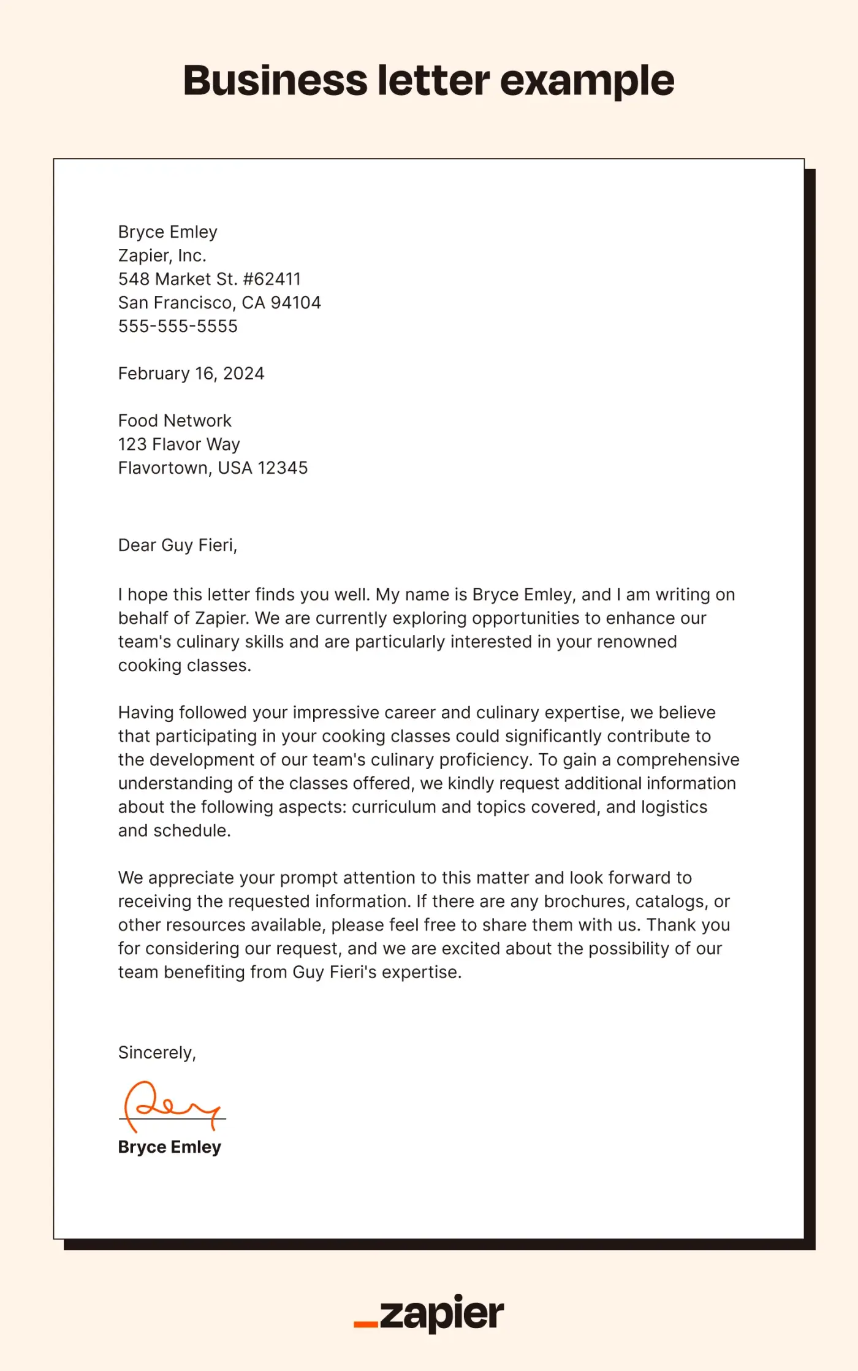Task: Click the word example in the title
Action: point(587,81)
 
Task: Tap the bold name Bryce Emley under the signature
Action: point(169,1147)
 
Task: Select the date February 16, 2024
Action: point(191,373)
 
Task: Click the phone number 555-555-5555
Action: point(178,326)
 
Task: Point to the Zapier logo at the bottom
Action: point(429,1313)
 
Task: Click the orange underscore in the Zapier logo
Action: point(366,1324)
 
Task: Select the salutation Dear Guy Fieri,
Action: point(177,545)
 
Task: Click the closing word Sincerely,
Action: point(157,1052)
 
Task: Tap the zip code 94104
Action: point(295,303)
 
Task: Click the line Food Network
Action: point(175,420)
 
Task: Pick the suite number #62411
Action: point(271,279)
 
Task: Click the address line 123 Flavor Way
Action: point(179,444)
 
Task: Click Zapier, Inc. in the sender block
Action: point(162,256)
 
